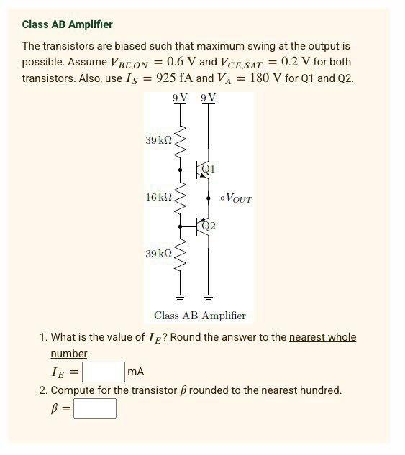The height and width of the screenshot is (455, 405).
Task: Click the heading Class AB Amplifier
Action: [67, 24]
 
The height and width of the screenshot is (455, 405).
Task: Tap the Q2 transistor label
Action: [209, 226]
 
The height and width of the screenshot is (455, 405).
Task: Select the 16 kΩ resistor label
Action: [158, 196]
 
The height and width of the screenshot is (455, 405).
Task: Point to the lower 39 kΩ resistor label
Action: [158, 254]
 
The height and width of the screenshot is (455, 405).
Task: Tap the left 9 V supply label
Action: [180, 98]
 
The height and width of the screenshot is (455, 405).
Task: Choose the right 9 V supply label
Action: [209, 98]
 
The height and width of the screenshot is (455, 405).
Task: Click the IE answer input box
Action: [104, 372]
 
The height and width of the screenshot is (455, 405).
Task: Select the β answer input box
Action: [94, 408]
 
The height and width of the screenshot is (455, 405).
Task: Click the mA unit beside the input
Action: [135, 372]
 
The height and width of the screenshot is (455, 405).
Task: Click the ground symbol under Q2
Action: [209, 297]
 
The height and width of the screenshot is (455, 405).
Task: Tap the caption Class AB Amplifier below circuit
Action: [200, 316]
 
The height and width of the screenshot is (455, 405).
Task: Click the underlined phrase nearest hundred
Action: [301, 390]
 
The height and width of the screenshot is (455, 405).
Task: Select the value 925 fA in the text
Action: [170, 78]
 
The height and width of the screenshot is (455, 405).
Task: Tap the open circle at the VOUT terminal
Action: [222, 197]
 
